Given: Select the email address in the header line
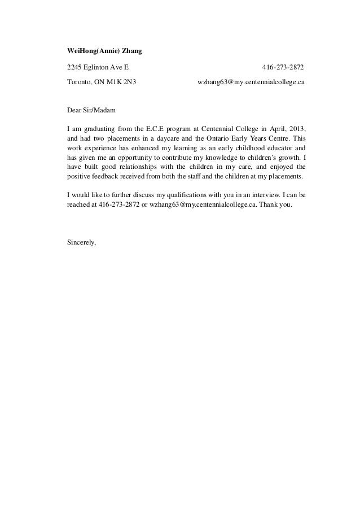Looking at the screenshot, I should (251, 82).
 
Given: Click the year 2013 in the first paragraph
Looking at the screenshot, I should (297, 133).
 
